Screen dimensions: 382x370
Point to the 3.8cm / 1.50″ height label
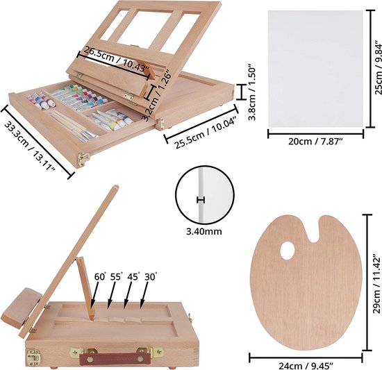(x=252, y=92)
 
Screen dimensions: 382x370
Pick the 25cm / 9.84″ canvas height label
(x=378, y=67)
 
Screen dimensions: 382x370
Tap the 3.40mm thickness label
(x=204, y=231)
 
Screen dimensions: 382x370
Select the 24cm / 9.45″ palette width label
(x=306, y=366)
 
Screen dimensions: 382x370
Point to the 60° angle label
(x=100, y=277)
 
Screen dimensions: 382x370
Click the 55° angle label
(x=115, y=277)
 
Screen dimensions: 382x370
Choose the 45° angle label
(x=133, y=277)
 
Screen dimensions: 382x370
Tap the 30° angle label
(x=151, y=277)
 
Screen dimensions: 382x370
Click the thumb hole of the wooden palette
(x=288, y=251)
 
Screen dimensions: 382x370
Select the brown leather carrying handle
(x=115, y=358)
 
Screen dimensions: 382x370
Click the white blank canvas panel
(x=315, y=69)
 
